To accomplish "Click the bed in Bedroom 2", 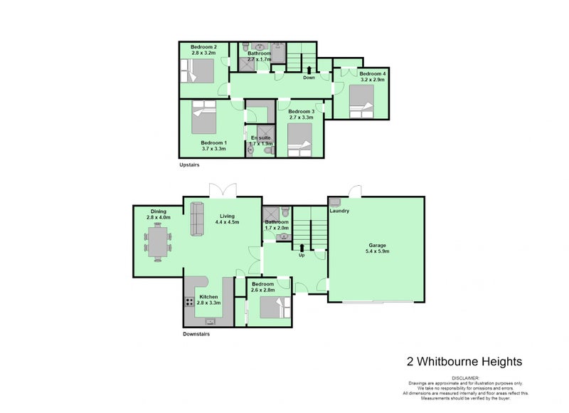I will (199, 71).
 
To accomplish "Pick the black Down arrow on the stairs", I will (309, 70).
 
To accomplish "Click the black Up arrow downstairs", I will (302, 246).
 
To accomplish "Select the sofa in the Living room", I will (197, 219).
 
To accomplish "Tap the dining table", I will (157, 240).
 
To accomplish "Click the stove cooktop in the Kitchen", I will (190, 302).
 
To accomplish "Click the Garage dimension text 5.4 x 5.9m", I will (377, 251).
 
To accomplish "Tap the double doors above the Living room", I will (223, 190).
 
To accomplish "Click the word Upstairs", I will (189, 164).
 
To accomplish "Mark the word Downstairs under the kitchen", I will (196, 334).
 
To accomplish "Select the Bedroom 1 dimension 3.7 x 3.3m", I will (213, 149).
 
